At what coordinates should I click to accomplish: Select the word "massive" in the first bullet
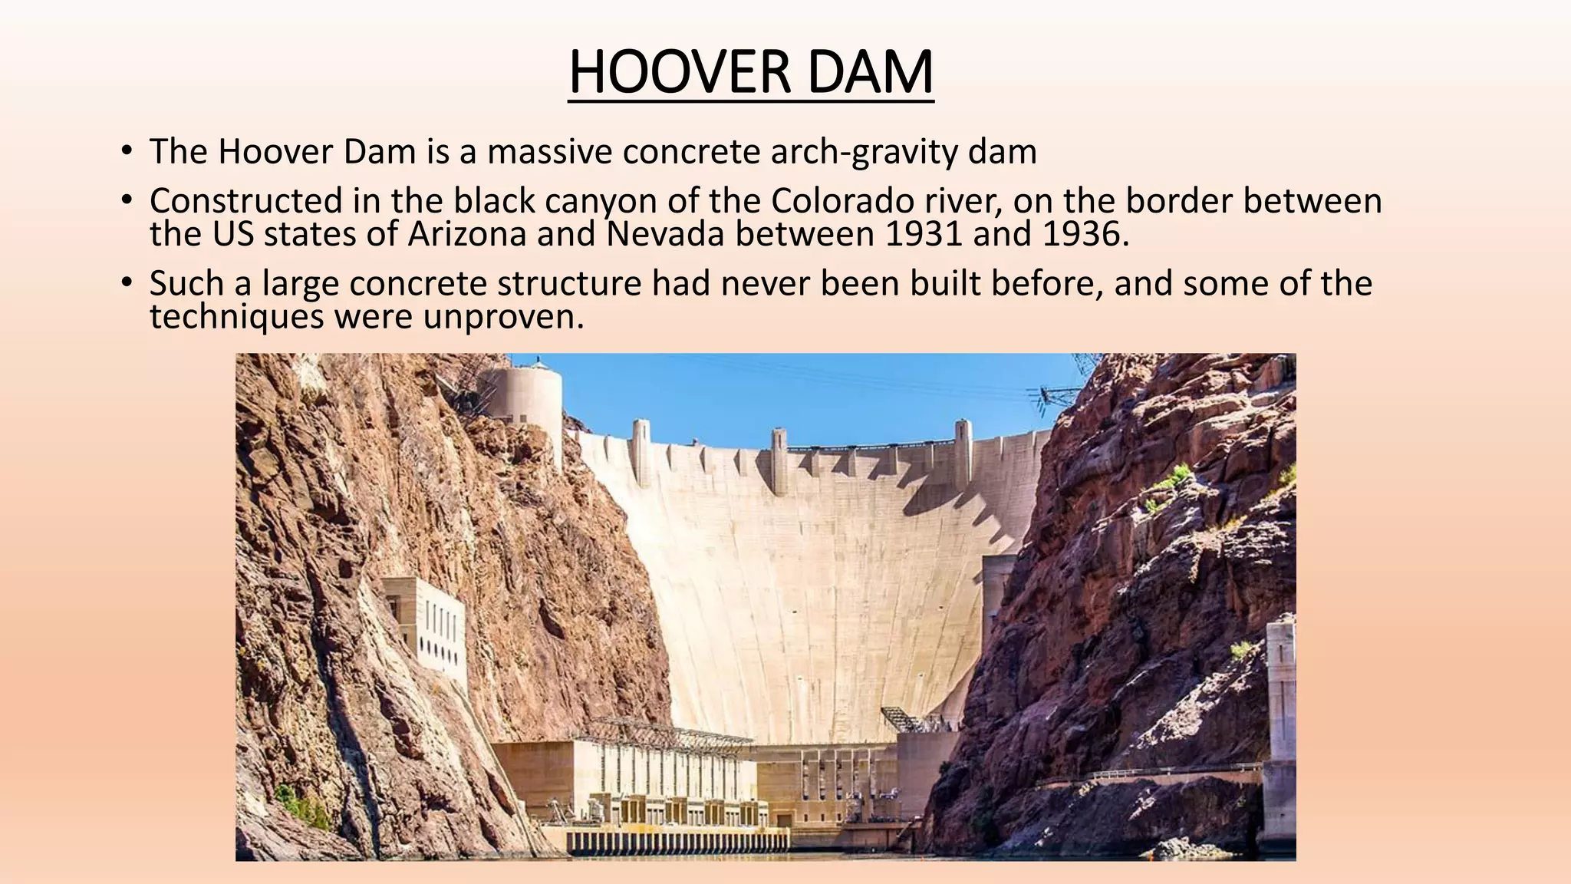click(548, 152)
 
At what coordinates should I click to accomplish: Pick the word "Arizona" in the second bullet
click(467, 233)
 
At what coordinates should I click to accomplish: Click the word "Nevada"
click(665, 233)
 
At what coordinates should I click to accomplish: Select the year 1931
click(923, 233)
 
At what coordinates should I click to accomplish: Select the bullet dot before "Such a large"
click(127, 283)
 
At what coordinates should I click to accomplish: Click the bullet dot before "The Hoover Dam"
click(127, 151)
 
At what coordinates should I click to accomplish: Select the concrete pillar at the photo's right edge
click(1280, 729)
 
